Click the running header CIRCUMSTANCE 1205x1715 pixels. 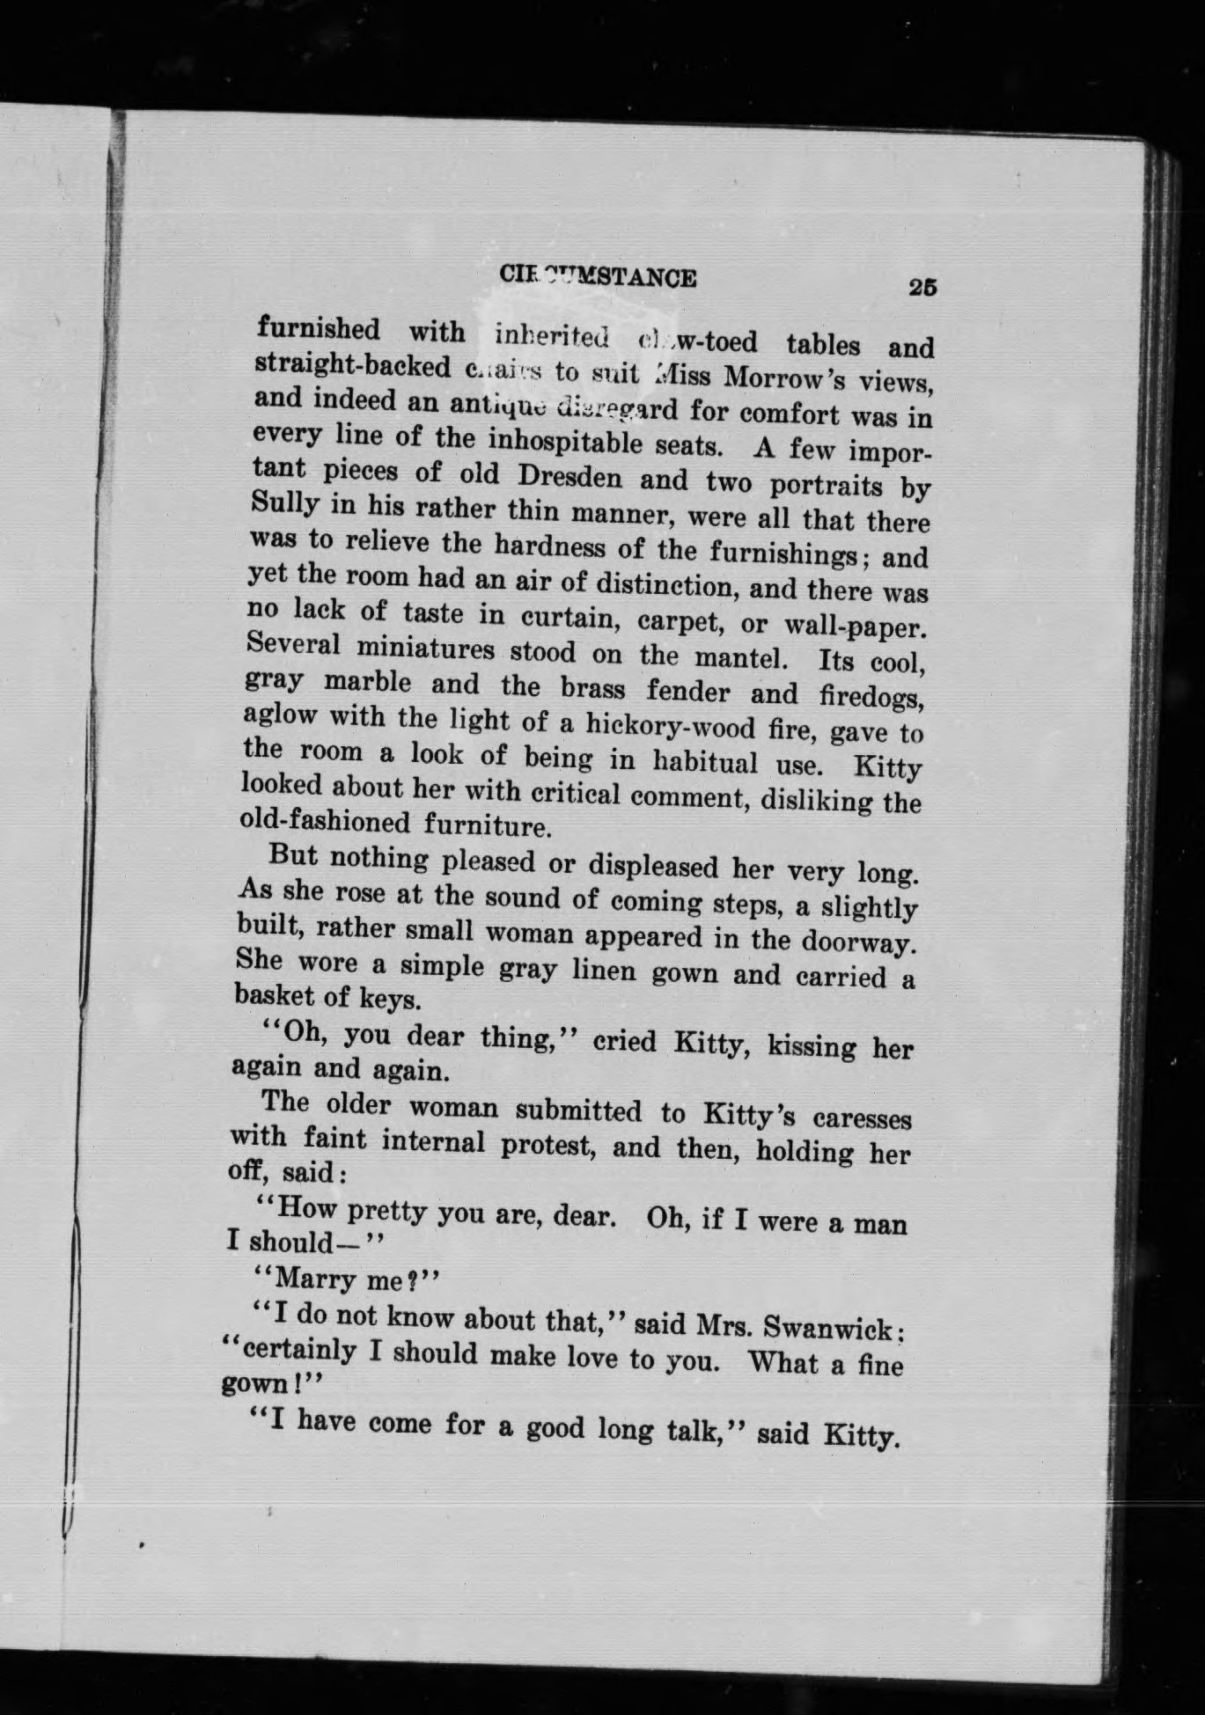point(598,276)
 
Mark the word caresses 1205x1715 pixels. point(862,1118)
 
